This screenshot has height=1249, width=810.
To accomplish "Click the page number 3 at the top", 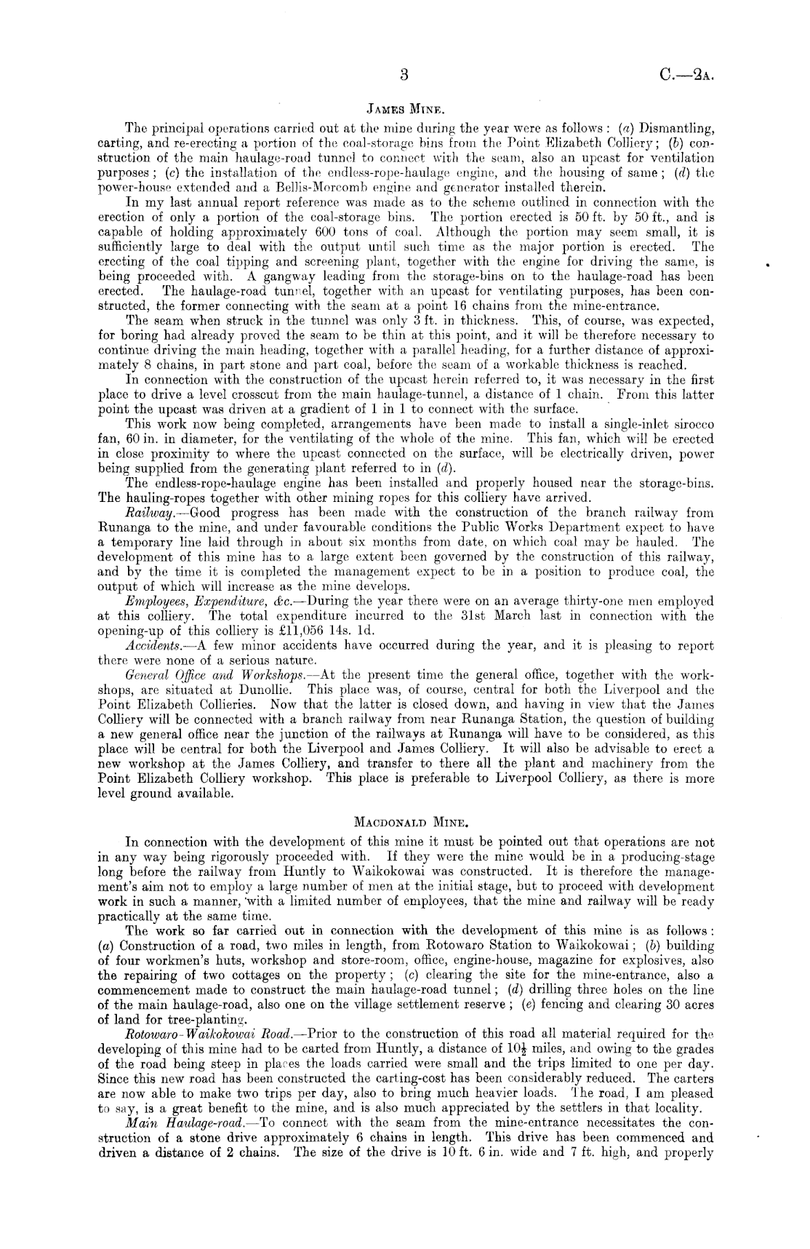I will (406, 74).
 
